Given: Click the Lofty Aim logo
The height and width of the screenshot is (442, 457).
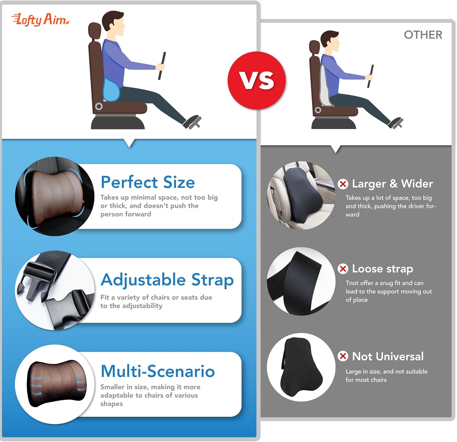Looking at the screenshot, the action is (40, 20).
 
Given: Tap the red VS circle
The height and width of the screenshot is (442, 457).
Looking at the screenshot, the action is (257, 81).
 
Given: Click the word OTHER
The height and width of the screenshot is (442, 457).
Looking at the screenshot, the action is (423, 35).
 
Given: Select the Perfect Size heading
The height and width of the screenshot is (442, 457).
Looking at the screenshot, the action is (148, 182).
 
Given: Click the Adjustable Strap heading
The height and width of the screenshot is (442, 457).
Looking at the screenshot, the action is (167, 280).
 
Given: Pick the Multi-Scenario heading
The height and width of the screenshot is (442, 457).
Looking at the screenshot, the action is (158, 371).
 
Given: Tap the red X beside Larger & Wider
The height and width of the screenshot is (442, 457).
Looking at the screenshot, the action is (343, 184).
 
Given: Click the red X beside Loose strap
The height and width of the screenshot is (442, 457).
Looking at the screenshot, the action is (343, 269).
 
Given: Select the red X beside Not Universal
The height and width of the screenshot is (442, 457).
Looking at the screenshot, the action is (343, 356).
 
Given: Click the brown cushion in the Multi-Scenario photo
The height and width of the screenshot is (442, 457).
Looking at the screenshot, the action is (57, 383).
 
